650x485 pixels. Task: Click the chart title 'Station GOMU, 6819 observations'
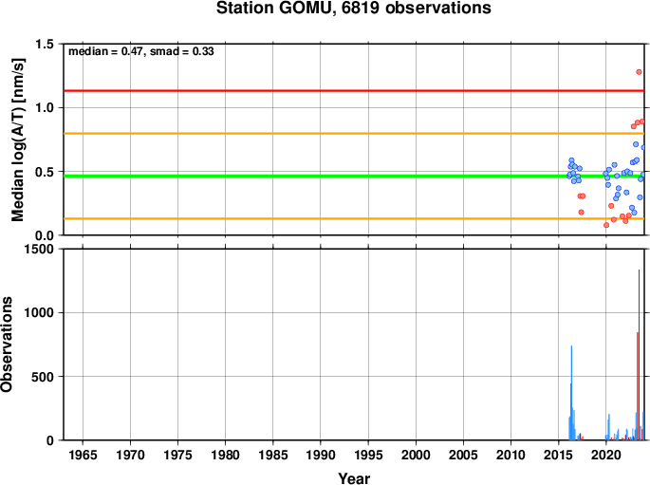point(354,8)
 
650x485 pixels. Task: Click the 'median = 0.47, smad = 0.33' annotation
point(141,51)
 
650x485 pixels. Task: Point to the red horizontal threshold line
point(354,91)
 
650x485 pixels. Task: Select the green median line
point(354,177)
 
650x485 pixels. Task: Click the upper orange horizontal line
point(354,134)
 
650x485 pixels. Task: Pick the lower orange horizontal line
point(354,218)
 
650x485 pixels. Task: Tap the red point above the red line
point(639,72)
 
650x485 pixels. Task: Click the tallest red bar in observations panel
point(639,355)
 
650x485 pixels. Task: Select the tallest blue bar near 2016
point(571,393)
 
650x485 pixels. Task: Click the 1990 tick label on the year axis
point(321,456)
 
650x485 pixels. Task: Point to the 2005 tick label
point(463,456)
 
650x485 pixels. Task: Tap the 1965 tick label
point(83,456)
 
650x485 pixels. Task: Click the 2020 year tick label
point(606,456)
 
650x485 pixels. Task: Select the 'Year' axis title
point(354,478)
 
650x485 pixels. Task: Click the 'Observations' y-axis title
point(7,345)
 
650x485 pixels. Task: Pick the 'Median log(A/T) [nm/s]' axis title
point(18,140)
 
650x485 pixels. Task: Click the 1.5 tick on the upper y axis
point(45,44)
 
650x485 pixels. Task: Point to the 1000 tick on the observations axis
point(39,312)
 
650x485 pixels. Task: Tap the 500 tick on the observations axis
point(43,377)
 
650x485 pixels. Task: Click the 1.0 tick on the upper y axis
point(45,108)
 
